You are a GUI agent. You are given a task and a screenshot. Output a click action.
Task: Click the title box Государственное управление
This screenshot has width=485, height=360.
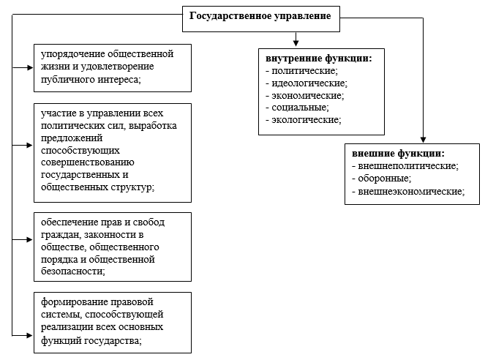tap(261, 19)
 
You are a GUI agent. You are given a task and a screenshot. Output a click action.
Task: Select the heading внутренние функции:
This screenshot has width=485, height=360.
tap(319, 58)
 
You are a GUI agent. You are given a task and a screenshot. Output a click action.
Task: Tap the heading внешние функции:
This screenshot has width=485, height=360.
tap(399, 154)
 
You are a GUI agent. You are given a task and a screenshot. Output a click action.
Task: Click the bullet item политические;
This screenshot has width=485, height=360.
tap(302, 71)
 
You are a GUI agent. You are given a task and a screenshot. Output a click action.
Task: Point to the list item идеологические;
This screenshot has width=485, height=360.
tap(307, 83)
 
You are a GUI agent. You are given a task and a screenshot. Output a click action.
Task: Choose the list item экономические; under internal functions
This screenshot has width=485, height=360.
tap(305, 96)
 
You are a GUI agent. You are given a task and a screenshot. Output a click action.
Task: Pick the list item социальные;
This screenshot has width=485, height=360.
tap(298, 108)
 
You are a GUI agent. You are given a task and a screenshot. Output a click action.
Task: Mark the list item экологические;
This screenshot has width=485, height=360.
tap(304, 120)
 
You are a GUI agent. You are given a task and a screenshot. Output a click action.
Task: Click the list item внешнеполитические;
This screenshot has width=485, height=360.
tap(405, 166)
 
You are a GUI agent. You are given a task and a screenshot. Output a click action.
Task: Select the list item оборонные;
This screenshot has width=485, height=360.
tap(382, 179)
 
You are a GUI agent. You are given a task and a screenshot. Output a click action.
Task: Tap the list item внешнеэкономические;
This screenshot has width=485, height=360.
tap(408, 192)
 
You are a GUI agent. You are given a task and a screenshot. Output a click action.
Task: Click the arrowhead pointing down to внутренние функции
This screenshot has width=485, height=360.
tap(296, 43)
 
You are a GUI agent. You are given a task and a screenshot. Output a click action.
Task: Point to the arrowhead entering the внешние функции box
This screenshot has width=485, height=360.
tap(423, 140)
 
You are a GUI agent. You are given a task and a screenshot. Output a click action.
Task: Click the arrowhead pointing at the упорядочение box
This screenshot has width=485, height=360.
tap(30, 67)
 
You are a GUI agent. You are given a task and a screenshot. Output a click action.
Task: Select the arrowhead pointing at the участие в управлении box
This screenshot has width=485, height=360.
tap(30, 145)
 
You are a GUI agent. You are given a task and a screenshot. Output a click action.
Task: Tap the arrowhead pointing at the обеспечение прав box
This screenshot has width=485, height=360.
tap(30, 239)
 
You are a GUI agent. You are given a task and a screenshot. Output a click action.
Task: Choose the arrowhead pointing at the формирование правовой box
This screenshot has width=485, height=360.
tap(30, 335)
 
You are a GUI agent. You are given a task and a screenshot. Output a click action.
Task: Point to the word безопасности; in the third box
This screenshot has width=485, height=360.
tap(73, 271)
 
